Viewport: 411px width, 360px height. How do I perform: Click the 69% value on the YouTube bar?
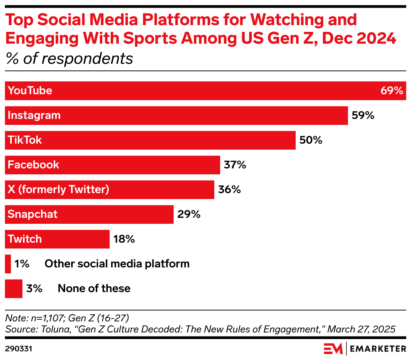(x=392, y=91)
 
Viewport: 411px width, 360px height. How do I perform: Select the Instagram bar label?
(x=34, y=115)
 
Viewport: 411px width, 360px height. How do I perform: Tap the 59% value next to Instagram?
(x=363, y=115)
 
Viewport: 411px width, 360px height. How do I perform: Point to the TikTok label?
(x=25, y=140)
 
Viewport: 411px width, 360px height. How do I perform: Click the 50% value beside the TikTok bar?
(x=311, y=140)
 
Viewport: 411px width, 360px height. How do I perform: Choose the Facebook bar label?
(x=34, y=165)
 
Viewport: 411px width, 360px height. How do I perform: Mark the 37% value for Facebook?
(x=235, y=165)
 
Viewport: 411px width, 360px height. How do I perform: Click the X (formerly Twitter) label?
(x=58, y=189)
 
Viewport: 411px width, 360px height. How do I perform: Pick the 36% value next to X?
(x=229, y=189)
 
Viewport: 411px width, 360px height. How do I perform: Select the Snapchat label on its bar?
(x=32, y=215)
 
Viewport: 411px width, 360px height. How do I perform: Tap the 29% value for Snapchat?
(x=189, y=215)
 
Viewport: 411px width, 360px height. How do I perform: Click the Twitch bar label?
(x=25, y=239)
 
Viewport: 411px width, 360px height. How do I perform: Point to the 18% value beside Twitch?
(x=124, y=239)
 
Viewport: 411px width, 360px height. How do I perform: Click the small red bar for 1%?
(x=8, y=264)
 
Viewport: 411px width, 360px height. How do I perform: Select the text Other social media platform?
(x=117, y=264)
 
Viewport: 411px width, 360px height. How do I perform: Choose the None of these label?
(x=94, y=289)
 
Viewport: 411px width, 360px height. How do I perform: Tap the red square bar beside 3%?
(x=13, y=289)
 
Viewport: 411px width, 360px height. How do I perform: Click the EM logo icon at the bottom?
(x=333, y=349)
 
